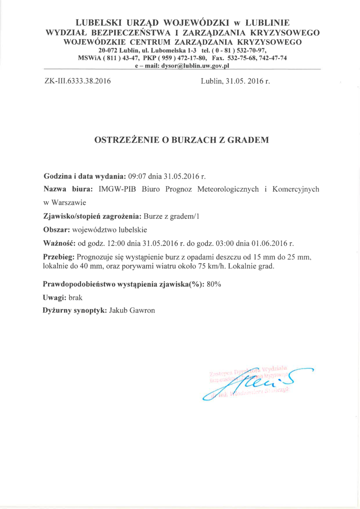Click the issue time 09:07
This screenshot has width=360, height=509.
138,176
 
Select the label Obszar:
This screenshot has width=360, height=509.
56,230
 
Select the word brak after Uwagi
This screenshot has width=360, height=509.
75,297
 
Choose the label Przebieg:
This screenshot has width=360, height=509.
59,257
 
